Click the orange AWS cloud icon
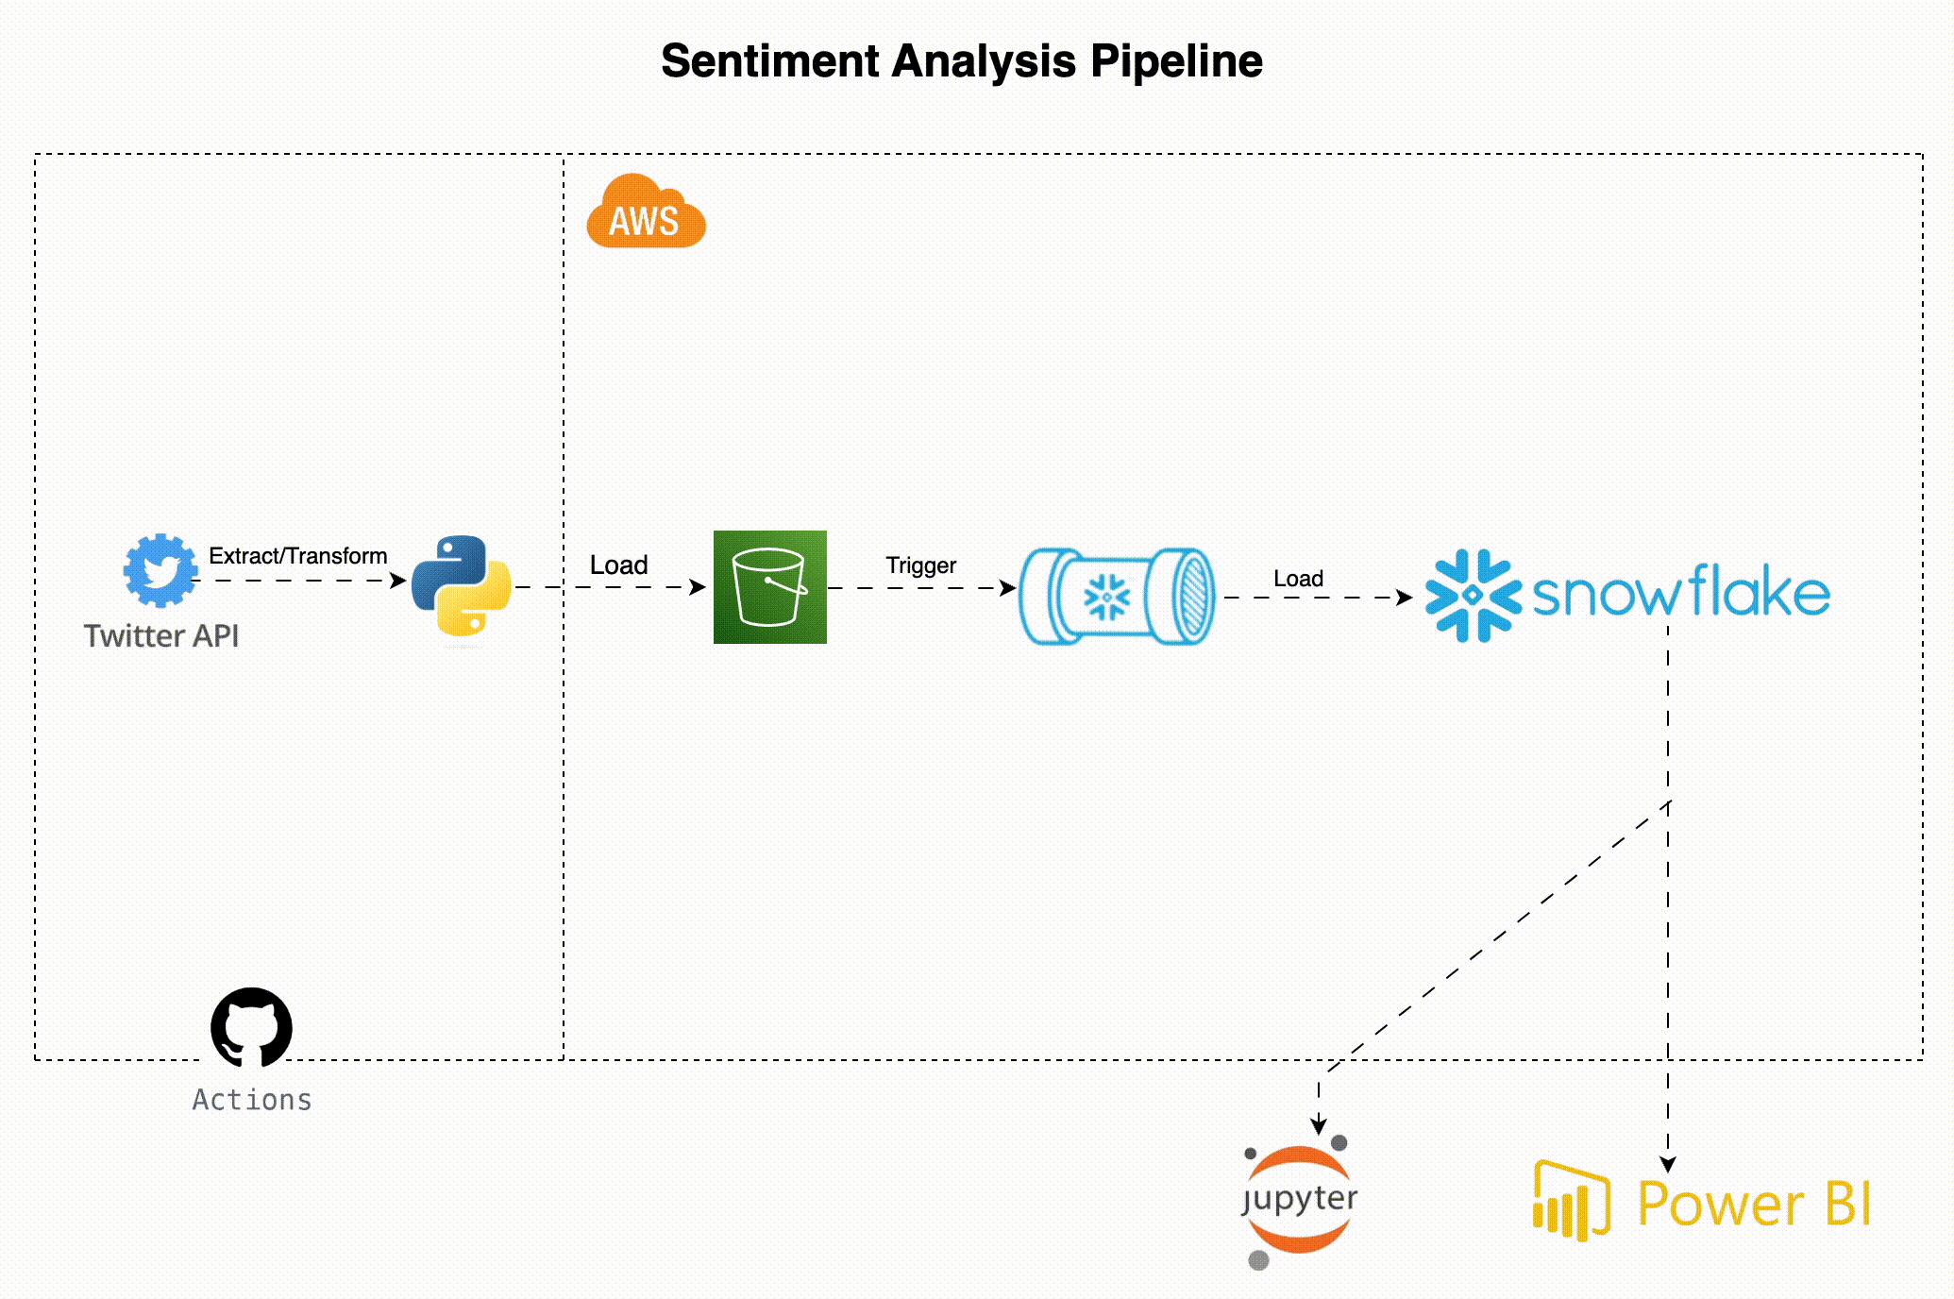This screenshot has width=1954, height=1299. pyautogui.click(x=646, y=213)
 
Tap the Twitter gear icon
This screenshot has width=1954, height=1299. pyautogui.click(x=160, y=570)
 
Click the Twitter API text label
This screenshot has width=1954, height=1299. pyautogui.click(x=161, y=635)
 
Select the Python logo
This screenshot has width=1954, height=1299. pyautogui.click(x=462, y=585)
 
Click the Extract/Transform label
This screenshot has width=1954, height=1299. pyautogui.click(x=297, y=556)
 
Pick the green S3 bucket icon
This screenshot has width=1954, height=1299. pyautogui.click(x=769, y=587)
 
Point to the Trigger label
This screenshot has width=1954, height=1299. pyautogui.click(x=920, y=565)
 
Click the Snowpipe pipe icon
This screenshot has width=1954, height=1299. pyautogui.click(x=1117, y=596)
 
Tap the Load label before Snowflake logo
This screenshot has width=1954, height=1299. pyautogui.click(x=1298, y=579)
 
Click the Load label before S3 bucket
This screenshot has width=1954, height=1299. pyautogui.click(x=618, y=565)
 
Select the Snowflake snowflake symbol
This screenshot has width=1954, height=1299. pyautogui.click(x=1472, y=596)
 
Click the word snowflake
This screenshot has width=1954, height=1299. pyautogui.click(x=1680, y=594)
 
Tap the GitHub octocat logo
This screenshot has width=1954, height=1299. pyautogui.click(x=251, y=1028)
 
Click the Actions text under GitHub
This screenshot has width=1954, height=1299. pyautogui.click(x=252, y=1100)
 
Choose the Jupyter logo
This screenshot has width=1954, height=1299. pyautogui.click(x=1299, y=1201)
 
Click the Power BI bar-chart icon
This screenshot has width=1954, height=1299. pyautogui.click(x=1570, y=1201)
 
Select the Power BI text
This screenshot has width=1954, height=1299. pyautogui.click(x=1753, y=1204)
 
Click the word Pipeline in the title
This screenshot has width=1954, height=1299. pyautogui.click(x=1176, y=61)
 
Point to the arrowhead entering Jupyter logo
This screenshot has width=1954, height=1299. pyautogui.click(x=1319, y=1126)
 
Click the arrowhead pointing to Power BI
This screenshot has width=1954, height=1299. pyautogui.click(x=1668, y=1164)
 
